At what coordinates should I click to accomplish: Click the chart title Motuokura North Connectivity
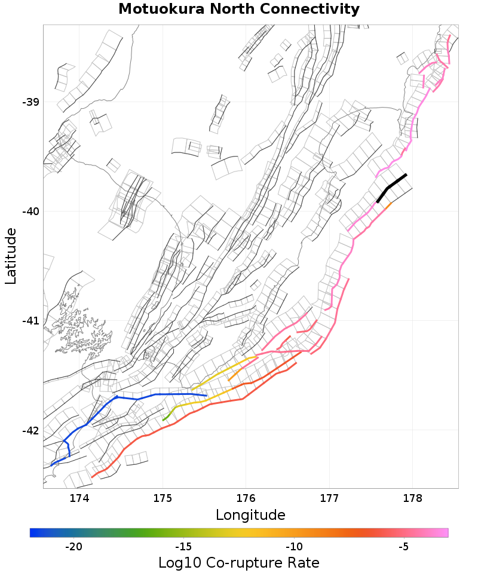click(239, 10)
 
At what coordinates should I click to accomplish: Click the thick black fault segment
click(391, 188)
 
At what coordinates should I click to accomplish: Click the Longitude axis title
click(250, 515)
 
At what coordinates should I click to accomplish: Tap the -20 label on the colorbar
click(73, 547)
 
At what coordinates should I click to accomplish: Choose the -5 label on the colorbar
click(403, 547)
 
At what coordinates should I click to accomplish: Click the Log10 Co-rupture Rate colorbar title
click(239, 563)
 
